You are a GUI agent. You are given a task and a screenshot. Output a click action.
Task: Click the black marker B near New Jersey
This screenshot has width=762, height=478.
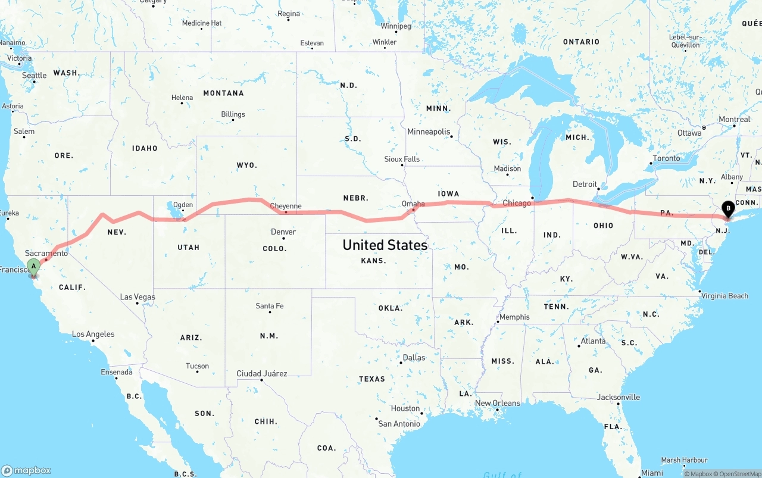(727, 208)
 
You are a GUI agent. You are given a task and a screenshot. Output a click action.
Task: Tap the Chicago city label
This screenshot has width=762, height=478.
(516, 203)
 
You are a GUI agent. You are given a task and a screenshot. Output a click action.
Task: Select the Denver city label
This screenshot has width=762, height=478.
(283, 232)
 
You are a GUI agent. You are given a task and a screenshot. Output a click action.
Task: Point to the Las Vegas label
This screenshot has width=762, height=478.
(137, 297)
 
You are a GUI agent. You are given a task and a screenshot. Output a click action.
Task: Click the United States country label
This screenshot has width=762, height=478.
(385, 245)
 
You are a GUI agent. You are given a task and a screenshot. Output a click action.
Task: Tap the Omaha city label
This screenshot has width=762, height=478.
(413, 204)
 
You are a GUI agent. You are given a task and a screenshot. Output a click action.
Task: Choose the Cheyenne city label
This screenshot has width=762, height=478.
(286, 206)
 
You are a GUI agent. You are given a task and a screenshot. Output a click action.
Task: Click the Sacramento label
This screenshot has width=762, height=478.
(46, 253)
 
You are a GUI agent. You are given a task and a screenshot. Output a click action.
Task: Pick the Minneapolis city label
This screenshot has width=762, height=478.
(429, 132)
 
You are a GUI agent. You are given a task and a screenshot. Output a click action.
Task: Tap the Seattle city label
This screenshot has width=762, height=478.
(34, 76)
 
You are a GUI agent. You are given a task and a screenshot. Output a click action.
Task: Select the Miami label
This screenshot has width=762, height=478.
(652, 473)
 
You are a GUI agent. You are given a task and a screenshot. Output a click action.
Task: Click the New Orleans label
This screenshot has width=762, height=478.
(497, 403)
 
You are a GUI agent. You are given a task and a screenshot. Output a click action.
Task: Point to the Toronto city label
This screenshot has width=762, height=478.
(666, 158)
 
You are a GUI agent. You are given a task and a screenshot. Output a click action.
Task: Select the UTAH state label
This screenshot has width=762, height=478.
(188, 247)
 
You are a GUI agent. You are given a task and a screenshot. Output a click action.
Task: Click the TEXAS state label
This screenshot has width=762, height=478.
(371, 379)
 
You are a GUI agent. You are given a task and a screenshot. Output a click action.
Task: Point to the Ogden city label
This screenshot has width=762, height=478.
(183, 205)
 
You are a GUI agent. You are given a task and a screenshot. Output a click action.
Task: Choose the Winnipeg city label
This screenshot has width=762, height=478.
(396, 26)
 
